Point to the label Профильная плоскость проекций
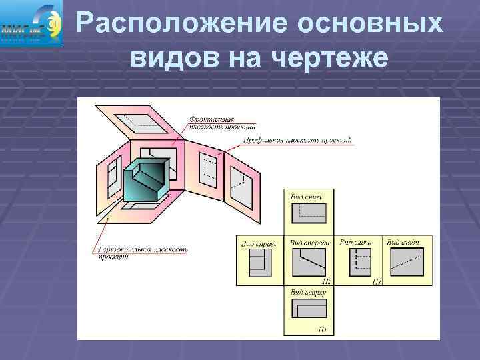[297, 141]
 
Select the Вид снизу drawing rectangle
[309, 214]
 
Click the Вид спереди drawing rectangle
[309, 263]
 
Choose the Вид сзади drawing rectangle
[407, 263]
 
